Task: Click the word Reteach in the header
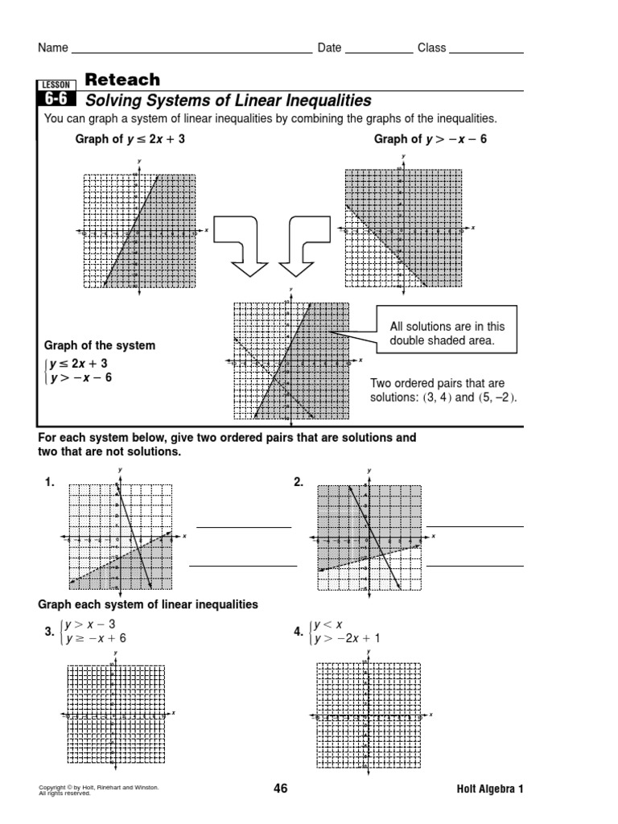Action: coord(122,80)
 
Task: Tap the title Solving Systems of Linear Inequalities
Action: coord(229,101)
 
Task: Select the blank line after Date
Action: coord(378,50)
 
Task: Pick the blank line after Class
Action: coord(486,50)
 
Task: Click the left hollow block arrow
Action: coord(241,245)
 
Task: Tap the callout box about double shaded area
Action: coord(447,334)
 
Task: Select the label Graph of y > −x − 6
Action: coord(431,139)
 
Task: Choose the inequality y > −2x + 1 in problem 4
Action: coord(347,638)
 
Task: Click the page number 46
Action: coord(280,789)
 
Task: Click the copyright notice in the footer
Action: coord(98,789)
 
